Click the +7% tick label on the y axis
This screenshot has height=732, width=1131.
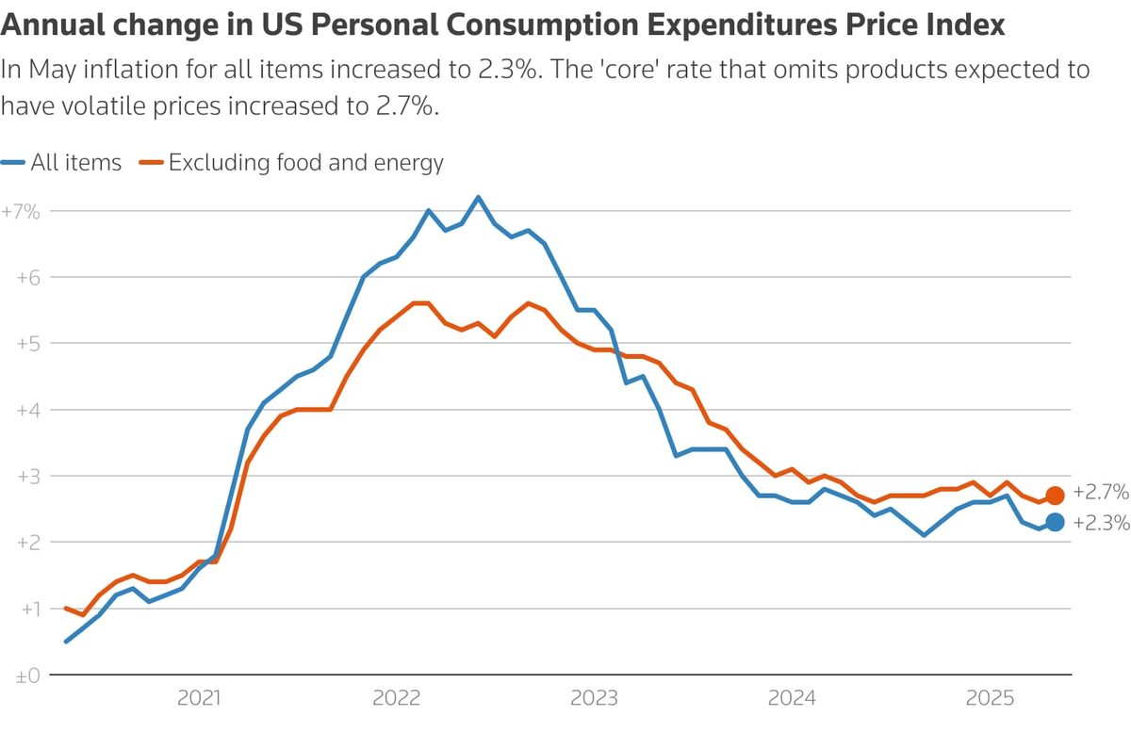click(x=21, y=211)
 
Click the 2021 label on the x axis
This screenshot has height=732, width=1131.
click(x=200, y=698)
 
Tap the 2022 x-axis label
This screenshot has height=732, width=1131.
click(x=397, y=698)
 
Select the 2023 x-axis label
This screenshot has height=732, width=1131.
click(x=595, y=698)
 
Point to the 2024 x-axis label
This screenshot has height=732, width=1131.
click(x=792, y=698)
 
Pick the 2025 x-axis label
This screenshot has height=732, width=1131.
click(x=989, y=698)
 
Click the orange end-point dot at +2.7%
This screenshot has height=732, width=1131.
click(x=1055, y=495)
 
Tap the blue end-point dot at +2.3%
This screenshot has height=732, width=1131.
click(x=1055, y=522)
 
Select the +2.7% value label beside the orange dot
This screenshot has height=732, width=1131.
click(x=1100, y=492)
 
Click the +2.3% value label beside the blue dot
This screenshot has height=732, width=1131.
click(x=1100, y=522)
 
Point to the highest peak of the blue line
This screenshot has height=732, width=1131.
click(x=478, y=197)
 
